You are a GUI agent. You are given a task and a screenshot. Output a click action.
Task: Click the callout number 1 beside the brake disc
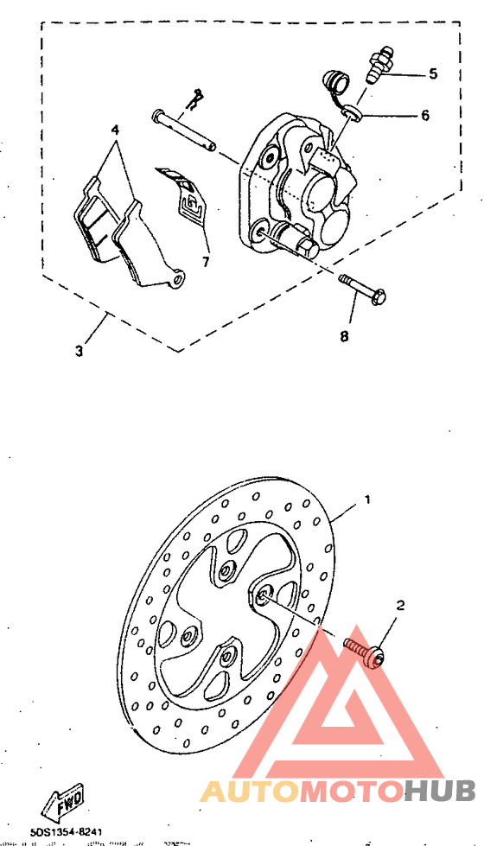367,499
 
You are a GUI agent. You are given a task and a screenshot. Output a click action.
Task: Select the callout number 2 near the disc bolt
400,606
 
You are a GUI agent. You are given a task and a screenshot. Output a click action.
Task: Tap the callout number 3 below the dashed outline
80,352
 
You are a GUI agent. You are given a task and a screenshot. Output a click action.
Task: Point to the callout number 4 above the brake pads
114,130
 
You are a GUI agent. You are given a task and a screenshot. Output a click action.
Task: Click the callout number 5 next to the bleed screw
432,73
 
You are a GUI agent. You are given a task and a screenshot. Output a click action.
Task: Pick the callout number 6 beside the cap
424,115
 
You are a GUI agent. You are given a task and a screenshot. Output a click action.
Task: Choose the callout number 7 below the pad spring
207,260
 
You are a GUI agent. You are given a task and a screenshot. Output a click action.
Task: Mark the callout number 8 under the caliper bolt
344,336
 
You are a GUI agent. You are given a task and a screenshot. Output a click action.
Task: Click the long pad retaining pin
184,129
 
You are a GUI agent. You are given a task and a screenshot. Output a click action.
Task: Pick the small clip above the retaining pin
197,98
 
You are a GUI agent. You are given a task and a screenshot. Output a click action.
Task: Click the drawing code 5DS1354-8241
67,831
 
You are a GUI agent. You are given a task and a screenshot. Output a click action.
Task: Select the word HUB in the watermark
440,790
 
